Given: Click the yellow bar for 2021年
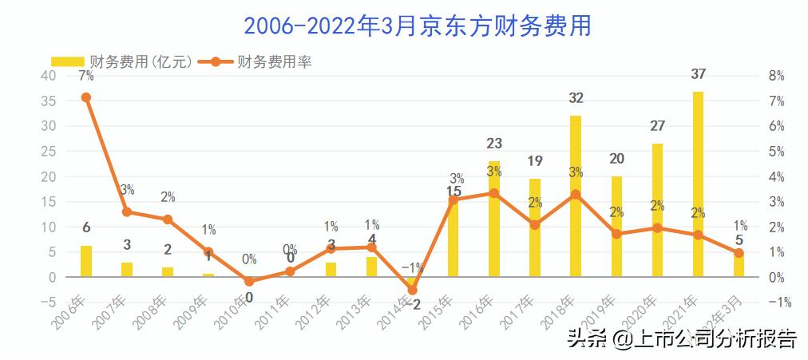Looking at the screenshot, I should click(698, 184).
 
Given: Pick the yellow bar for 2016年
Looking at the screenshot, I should click(494, 219).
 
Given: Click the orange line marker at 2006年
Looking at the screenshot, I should click(86, 97).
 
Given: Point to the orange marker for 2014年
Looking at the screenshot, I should click(413, 290).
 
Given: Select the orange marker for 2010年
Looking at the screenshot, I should click(249, 282).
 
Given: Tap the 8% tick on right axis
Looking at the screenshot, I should click(776, 76).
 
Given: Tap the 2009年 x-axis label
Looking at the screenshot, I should click(196, 311).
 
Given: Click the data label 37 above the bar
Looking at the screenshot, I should click(698, 74).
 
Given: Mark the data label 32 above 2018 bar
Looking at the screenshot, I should click(576, 98).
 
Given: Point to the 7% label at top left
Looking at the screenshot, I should click(86, 76).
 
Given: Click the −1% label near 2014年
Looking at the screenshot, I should click(413, 267).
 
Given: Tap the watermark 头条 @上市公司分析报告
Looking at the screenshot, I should click(682, 339).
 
